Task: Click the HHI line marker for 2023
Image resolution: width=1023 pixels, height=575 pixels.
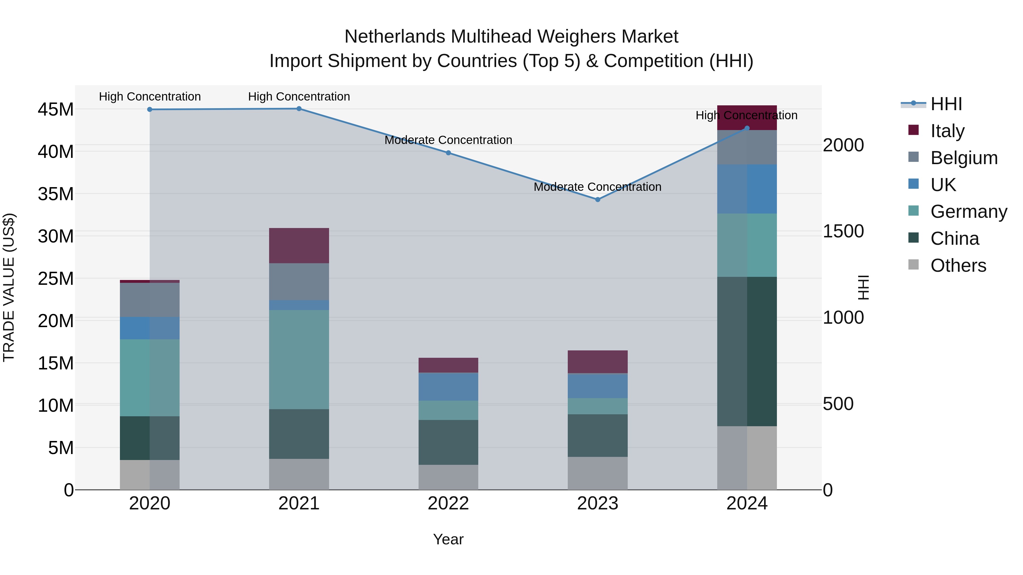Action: pyautogui.click(x=597, y=200)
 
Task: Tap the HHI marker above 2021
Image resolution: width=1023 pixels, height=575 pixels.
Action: pyautogui.click(x=299, y=109)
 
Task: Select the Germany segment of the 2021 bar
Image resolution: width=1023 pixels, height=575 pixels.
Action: pyautogui.click(x=299, y=359)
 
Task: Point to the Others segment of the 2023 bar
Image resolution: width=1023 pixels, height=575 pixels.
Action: pyautogui.click(x=597, y=473)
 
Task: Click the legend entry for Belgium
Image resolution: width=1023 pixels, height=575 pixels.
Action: pyautogui.click(x=964, y=158)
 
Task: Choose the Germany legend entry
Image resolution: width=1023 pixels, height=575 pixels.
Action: pyautogui.click(x=969, y=212)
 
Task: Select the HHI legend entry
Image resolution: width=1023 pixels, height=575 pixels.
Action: pyautogui.click(x=946, y=104)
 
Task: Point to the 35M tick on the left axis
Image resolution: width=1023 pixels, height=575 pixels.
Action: pyautogui.click(x=56, y=194)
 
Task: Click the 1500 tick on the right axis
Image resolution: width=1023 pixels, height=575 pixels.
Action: pyautogui.click(x=843, y=231)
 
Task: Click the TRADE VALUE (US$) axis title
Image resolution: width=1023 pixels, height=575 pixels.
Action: pyautogui.click(x=9, y=287)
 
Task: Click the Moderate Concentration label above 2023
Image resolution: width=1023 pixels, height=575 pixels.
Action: pyautogui.click(x=597, y=187)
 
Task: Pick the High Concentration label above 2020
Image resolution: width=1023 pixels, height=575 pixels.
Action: pyautogui.click(x=150, y=97)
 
